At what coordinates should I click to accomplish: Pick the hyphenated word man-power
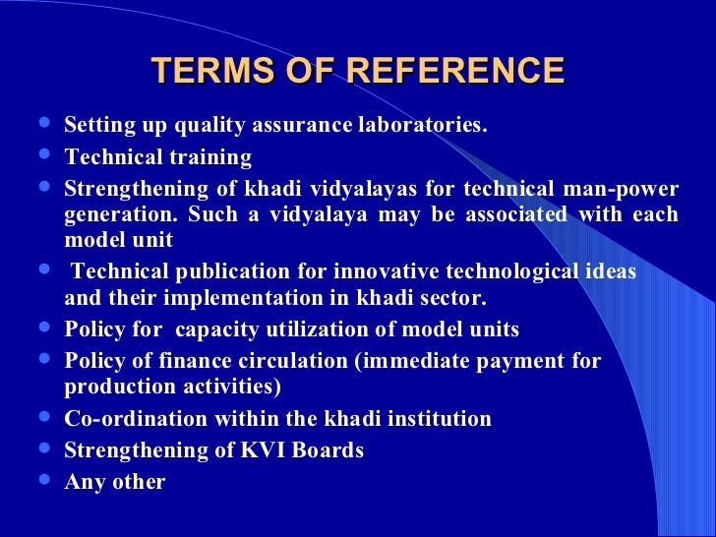(x=627, y=189)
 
